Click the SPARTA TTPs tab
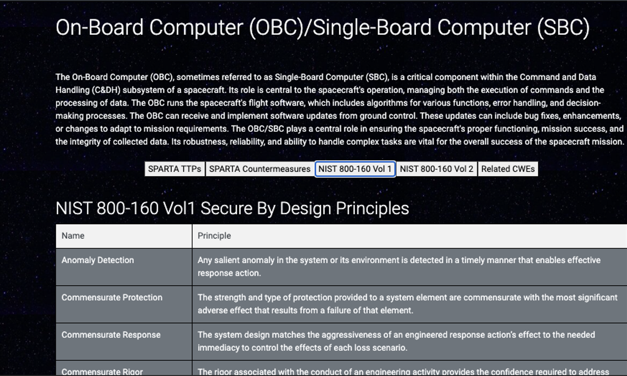[x=175, y=169]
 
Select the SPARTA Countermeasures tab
[x=260, y=169]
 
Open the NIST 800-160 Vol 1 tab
[x=355, y=169]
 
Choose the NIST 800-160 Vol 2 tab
[x=437, y=169]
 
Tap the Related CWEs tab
[x=508, y=169]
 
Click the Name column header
[x=73, y=236]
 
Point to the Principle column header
[x=214, y=236]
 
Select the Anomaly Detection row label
[x=98, y=260]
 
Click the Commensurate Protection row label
[x=112, y=297]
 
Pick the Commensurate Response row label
[x=111, y=334]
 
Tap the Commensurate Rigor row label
[x=102, y=372]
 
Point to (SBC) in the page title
[x=563, y=28]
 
